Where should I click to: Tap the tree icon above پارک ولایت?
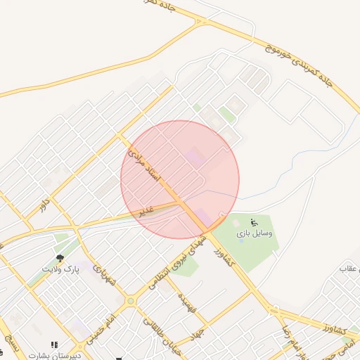pos(60,259)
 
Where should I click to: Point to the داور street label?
pos(45,204)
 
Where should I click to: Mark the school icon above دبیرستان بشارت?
pos(54,345)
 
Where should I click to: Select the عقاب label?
pos(349,269)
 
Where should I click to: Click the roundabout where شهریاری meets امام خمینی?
pos(130,302)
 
